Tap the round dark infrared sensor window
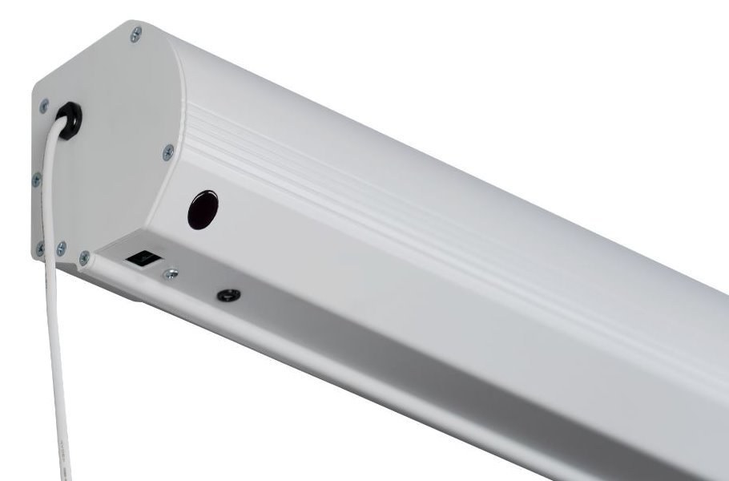pos(203,210)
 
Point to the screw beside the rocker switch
pos(170,274)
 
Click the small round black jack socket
pos(228,294)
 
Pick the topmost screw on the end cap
pos(136,33)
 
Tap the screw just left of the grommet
pos(44,105)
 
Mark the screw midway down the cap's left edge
pos(36,180)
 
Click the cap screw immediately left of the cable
pos(40,249)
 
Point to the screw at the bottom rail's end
pos(84,257)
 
